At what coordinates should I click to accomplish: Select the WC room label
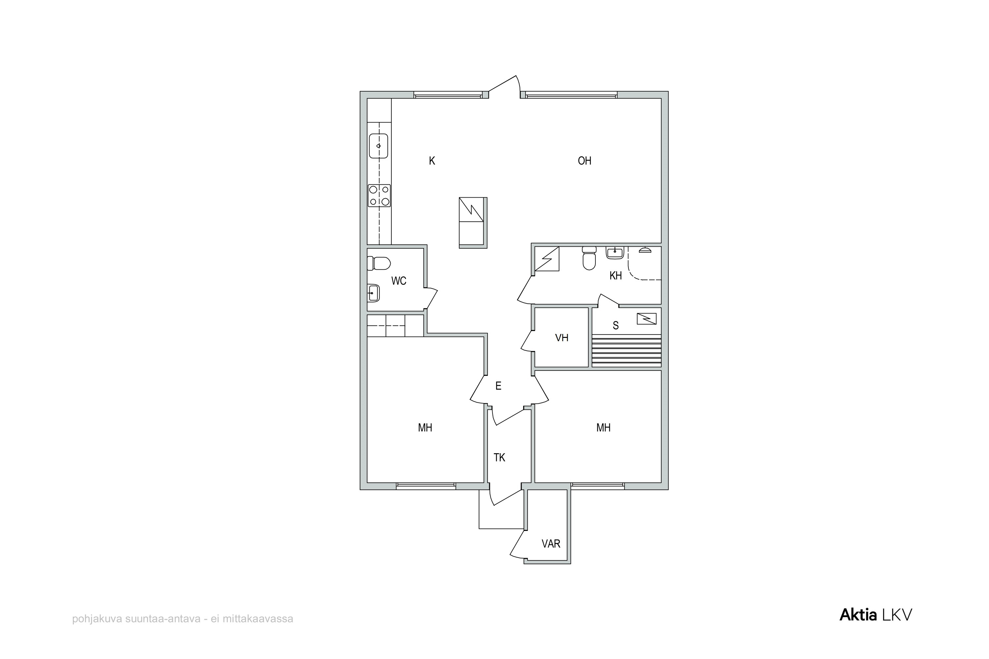coord(399,281)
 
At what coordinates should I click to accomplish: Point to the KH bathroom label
coord(615,276)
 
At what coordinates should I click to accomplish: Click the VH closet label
coord(562,338)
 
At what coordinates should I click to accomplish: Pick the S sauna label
coord(615,325)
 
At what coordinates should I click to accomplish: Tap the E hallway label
coord(498,386)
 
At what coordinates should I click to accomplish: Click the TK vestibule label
coord(499,458)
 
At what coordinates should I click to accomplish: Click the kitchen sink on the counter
coord(378,146)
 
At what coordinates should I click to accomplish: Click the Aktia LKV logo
coord(876,615)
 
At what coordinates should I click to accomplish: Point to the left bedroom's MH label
coord(425,428)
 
